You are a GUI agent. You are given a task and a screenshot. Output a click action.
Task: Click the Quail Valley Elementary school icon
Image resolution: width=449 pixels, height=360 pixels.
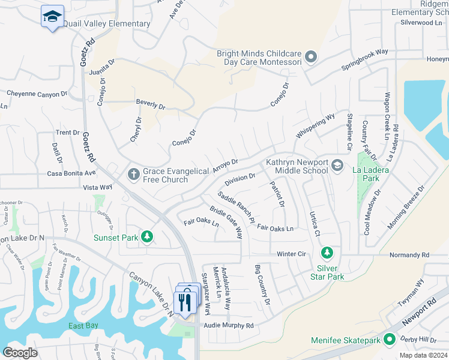click(52, 16)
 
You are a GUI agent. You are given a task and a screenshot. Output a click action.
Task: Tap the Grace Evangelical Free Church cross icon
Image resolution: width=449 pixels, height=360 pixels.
click(134, 175)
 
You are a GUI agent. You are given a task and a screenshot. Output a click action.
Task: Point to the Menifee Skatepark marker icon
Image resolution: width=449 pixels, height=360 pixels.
click(390, 340)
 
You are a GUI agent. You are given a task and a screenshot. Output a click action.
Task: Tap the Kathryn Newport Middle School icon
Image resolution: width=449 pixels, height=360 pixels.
click(337, 165)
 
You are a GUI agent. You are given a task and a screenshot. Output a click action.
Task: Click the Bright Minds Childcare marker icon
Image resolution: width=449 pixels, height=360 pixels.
click(310, 57)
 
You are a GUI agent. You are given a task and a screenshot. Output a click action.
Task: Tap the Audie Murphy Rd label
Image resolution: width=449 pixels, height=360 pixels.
click(229, 325)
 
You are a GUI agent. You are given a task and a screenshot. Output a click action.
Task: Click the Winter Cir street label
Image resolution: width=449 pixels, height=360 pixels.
click(291, 254)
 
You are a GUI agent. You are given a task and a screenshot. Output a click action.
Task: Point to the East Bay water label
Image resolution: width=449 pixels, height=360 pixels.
click(83, 326)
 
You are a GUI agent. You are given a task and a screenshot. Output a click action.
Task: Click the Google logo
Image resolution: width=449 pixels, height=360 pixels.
click(20, 352)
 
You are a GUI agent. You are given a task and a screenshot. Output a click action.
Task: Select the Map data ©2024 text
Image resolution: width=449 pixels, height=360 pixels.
click(423, 355)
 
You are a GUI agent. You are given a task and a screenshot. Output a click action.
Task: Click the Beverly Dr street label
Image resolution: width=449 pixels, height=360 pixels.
click(150, 104)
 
